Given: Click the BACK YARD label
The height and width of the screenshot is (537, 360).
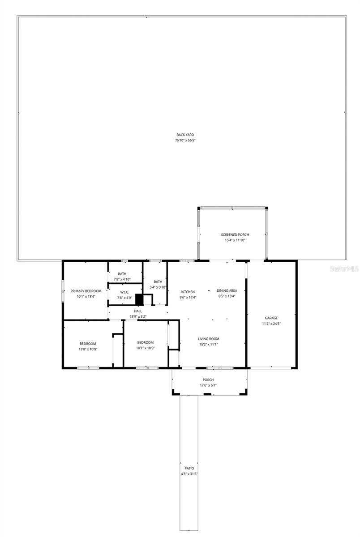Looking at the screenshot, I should (185, 135).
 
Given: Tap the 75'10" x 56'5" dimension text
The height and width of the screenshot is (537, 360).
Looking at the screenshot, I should (185, 141).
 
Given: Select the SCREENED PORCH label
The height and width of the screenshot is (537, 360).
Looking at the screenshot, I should (235, 234).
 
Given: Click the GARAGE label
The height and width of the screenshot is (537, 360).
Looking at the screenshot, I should (271, 318).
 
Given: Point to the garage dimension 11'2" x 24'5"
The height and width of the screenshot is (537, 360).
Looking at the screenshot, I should (271, 324).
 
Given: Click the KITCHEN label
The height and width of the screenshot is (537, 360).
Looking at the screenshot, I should (188, 292).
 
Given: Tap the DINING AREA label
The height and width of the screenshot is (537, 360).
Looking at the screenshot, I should (227, 290).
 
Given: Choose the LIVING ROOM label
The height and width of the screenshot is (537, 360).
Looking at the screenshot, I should (209, 339).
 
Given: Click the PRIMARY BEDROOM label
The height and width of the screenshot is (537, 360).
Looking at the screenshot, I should (86, 291).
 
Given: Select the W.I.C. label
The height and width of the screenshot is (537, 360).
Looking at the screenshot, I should (124, 292).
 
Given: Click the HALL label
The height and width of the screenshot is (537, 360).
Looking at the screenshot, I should (138, 311).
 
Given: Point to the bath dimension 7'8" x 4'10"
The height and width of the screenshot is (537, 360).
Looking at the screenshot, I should (122, 279).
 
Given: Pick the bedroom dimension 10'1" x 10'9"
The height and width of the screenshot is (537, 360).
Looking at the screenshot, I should (146, 348).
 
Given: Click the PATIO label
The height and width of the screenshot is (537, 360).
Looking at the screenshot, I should (189, 468).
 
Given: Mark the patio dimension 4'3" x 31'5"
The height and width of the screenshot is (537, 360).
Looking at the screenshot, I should (189, 473).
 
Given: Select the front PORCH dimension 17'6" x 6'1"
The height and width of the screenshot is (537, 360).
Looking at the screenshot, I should (209, 385).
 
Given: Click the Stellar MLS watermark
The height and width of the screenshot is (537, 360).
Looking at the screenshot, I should (344, 269).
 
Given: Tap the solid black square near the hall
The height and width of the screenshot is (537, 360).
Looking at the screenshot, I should (139, 299).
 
